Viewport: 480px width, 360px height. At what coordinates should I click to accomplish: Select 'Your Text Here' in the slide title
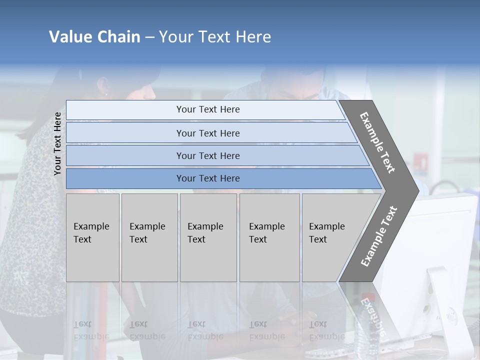click(x=215, y=37)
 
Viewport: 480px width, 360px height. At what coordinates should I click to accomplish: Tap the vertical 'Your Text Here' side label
click(x=57, y=144)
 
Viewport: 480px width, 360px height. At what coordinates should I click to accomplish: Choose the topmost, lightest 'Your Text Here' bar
click(x=207, y=109)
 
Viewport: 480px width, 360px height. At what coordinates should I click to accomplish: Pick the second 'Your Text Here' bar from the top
click(x=207, y=133)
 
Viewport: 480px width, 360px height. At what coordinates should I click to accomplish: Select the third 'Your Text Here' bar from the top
click(x=207, y=155)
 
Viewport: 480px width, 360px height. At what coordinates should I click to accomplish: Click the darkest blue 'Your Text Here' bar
click(x=207, y=178)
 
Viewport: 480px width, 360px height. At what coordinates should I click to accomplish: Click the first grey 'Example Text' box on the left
click(x=92, y=237)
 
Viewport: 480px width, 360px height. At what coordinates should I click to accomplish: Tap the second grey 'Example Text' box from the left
click(x=149, y=237)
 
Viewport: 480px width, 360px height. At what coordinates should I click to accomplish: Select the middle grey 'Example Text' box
click(x=208, y=237)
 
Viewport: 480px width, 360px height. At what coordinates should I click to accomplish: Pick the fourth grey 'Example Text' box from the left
click(x=269, y=237)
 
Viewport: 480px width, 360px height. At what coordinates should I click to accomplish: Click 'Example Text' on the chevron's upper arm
click(x=377, y=142)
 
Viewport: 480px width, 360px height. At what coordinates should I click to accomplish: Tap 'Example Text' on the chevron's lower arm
click(x=378, y=236)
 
